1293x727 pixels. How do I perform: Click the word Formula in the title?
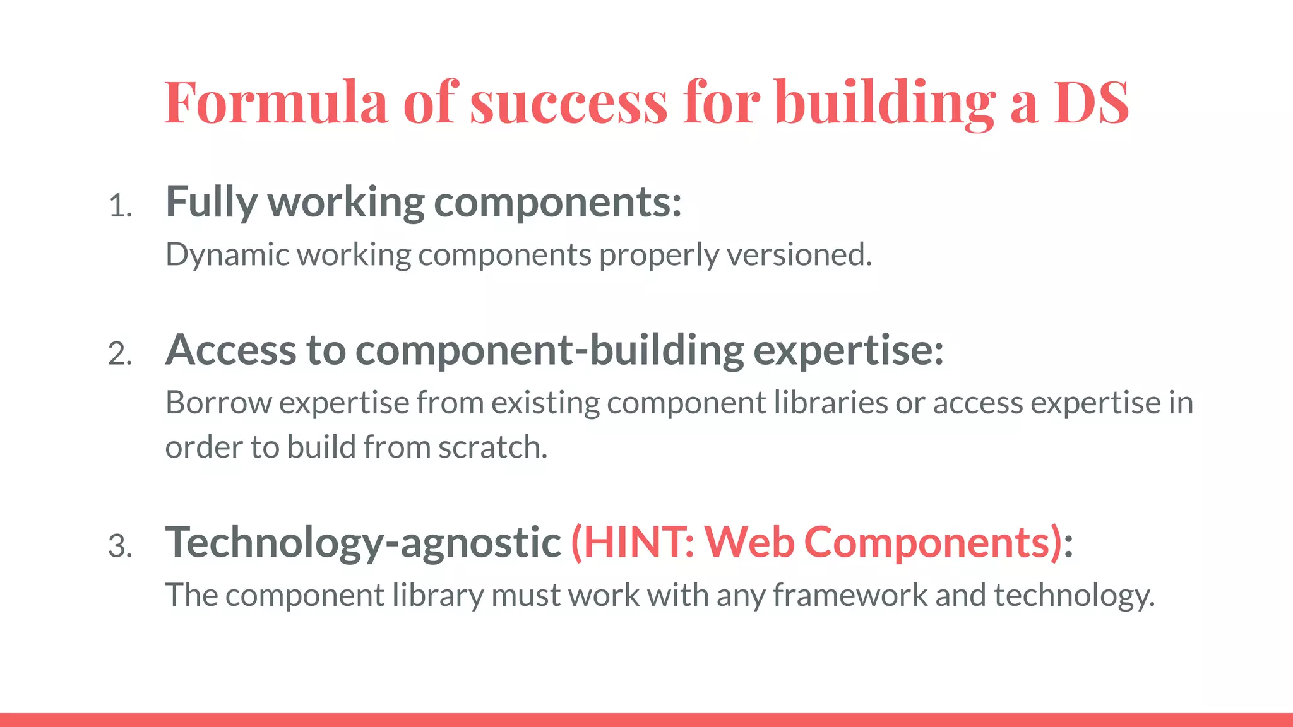[x=276, y=102]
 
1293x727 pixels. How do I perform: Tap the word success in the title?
[x=568, y=103]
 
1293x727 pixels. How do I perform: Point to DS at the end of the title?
[x=1091, y=102]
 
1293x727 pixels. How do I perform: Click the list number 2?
[x=120, y=354]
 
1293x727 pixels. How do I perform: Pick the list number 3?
[x=120, y=546]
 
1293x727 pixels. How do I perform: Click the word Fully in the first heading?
[x=211, y=203]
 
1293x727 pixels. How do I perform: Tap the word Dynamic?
[x=227, y=256]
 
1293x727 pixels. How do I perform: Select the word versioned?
[x=799, y=255]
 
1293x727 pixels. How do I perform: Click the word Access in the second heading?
[x=230, y=350]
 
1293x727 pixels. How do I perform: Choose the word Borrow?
[x=218, y=403]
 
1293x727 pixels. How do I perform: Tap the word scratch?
[x=492, y=447]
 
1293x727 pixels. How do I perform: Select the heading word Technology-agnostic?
[x=363, y=543]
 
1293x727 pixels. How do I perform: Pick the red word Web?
[x=749, y=542]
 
